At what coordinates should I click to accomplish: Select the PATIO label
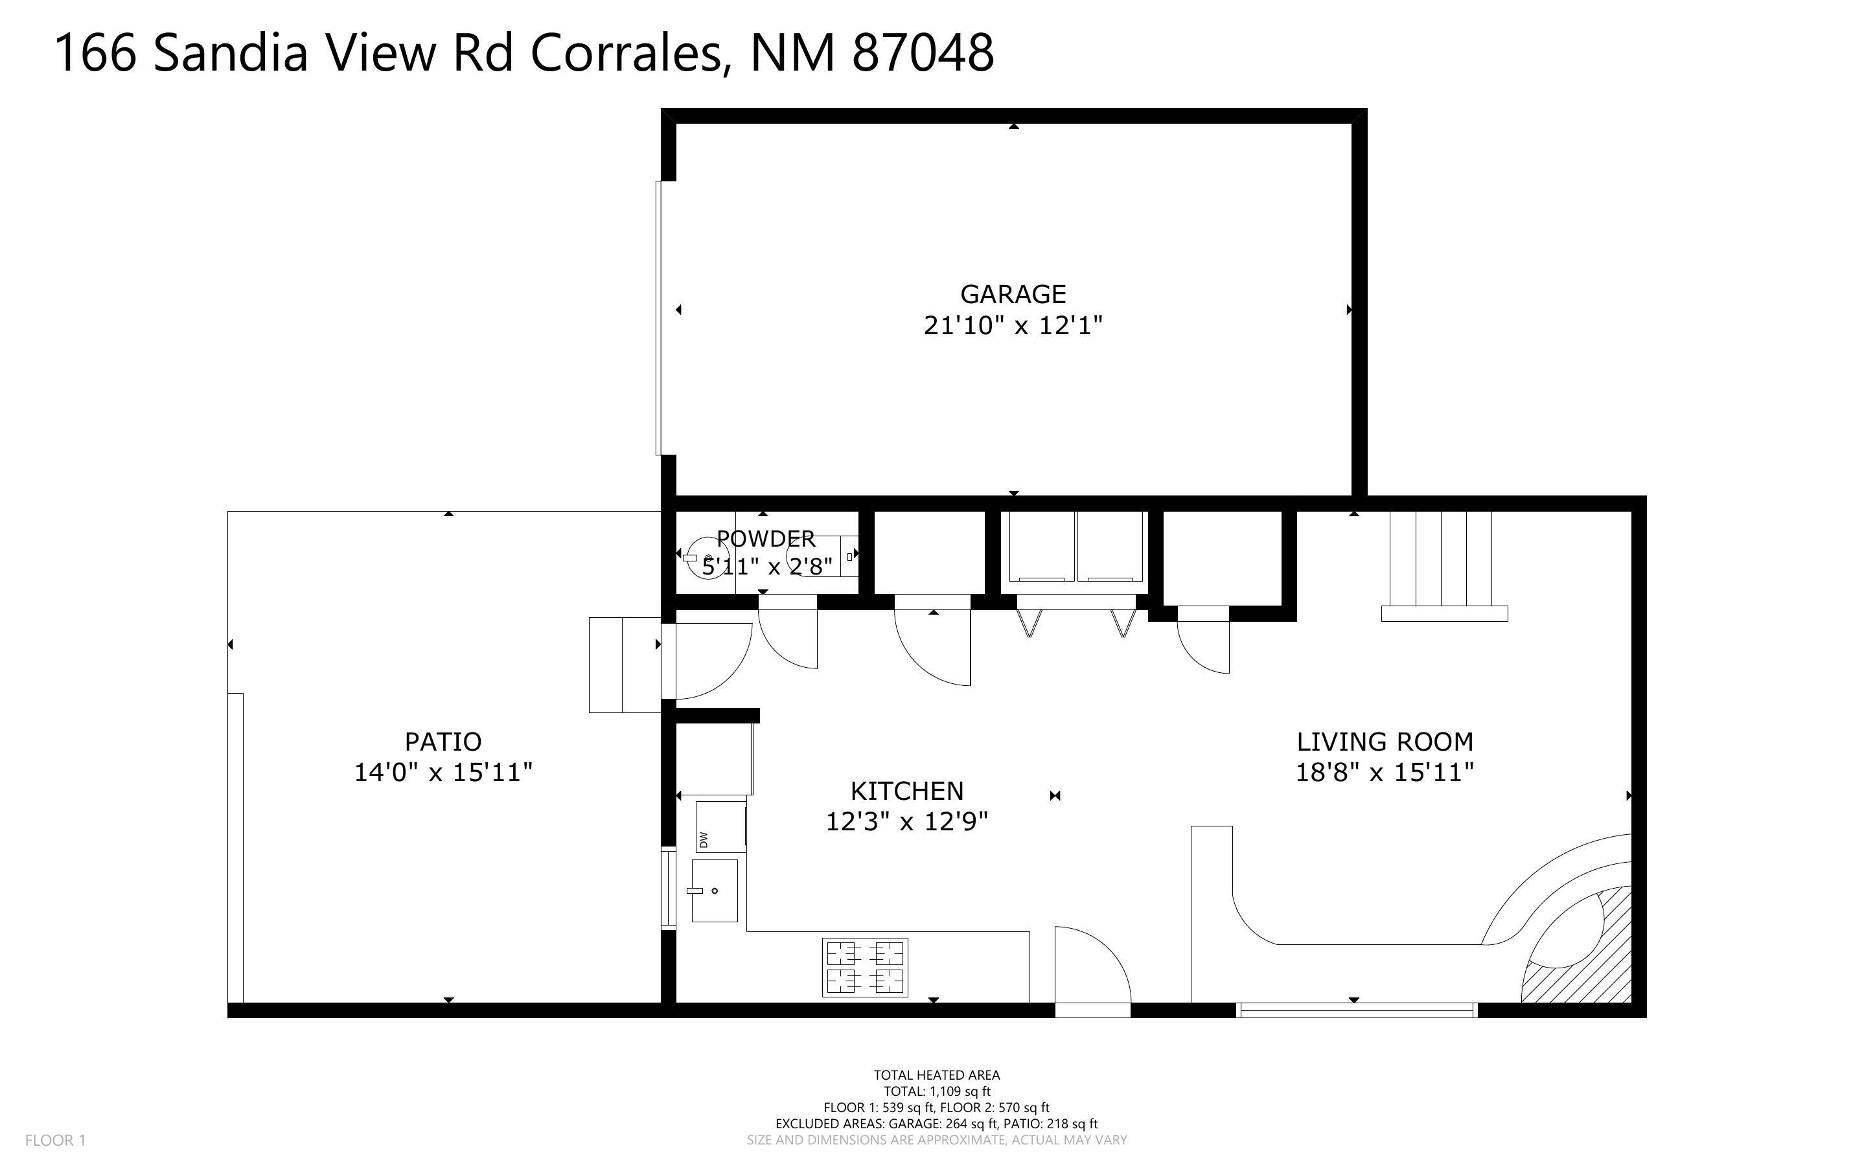(x=443, y=742)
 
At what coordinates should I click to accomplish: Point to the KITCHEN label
(x=907, y=791)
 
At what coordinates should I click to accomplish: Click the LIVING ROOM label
(x=1385, y=742)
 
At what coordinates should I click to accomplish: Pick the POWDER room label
(x=765, y=538)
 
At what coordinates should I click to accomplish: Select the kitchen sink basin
(x=714, y=890)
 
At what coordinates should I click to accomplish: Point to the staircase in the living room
(x=1442, y=564)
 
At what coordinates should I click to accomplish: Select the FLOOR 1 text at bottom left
(x=55, y=1140)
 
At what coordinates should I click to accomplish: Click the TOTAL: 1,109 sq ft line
(x=936, y=1091)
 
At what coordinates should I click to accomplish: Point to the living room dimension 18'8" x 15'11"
(x=1385, y=772)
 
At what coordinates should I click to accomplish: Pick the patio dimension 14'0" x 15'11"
(x=443, y=772)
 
